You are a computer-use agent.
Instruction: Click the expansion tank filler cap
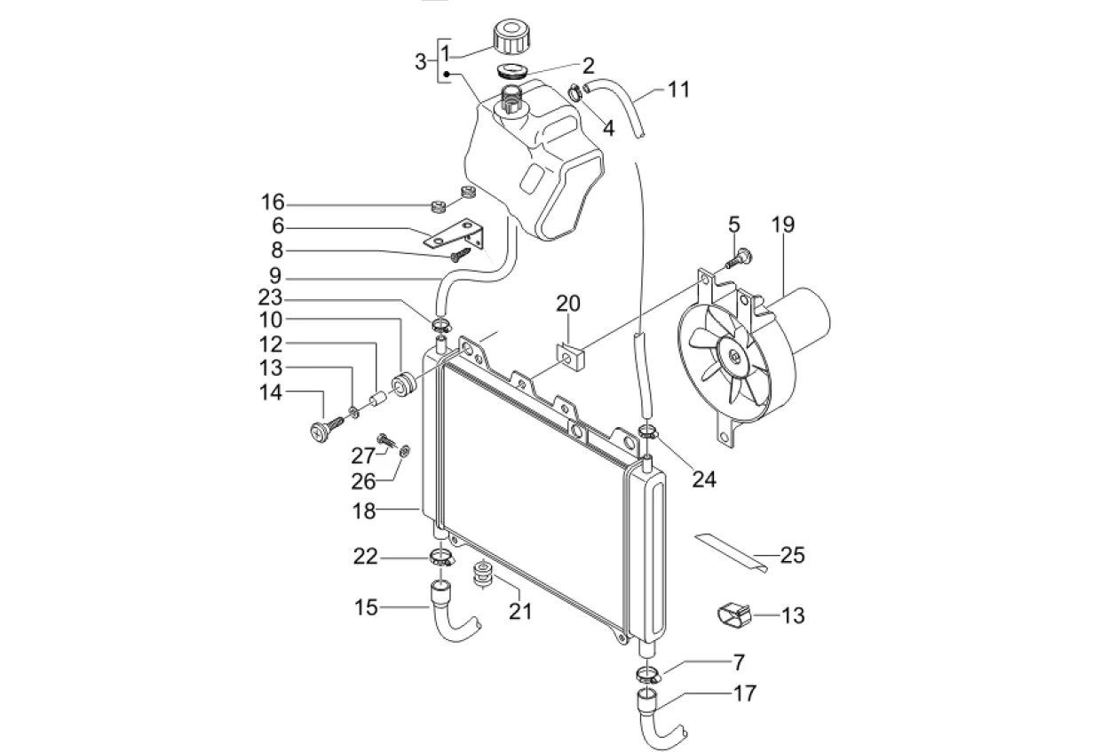(x=511, y=36)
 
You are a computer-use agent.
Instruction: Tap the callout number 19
(x=782, y=224)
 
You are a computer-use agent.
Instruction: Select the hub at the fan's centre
(x=735, y=357)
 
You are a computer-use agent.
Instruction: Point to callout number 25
(x=792, y=556)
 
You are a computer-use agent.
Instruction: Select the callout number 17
(x=745, y=693)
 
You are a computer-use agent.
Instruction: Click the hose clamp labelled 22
(x=442, y=558)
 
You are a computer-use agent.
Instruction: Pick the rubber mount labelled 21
(x=483, y=574)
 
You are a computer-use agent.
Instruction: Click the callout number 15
(x=366, y=607)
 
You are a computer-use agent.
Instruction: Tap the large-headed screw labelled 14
(x=328, y=427)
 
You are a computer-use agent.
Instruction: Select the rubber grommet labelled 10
(x=403, y=386)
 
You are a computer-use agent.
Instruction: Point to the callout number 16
(x=273, y=202)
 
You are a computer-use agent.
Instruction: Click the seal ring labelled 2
(x=512, y=70)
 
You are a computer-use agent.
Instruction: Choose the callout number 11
(x=678, y=90)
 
